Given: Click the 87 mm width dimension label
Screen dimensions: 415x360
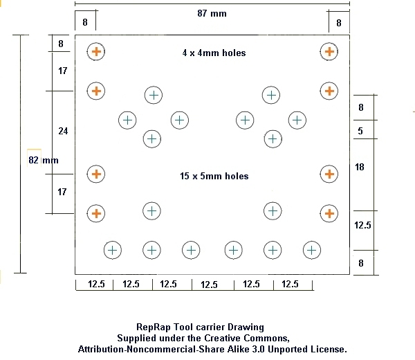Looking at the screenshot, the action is (x=212, y=13).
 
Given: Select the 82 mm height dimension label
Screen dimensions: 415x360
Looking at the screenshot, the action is (x=44, y=160).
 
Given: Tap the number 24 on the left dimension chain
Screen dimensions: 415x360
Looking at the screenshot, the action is (x=63, y=131).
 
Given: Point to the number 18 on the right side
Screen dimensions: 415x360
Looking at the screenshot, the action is (x=360, y=167).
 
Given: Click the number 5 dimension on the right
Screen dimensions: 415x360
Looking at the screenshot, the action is (x=360, y=131).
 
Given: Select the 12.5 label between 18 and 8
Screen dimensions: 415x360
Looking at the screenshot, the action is (x=362, y=225).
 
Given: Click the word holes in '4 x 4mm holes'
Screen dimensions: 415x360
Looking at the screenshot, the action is (x=234, y=53).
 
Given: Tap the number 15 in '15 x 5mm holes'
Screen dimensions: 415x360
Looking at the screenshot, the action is (x=185, y=176).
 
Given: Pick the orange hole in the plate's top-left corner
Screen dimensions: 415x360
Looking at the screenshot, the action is (x=96, y=51).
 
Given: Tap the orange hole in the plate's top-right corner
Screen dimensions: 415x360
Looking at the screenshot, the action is (x=329, y=51).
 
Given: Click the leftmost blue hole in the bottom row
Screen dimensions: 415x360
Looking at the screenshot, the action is (x=113, y=250).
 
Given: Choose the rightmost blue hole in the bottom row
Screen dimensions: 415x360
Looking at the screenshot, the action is (x=312, y=250).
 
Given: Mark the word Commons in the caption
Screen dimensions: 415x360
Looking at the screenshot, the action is (x=266, y=339).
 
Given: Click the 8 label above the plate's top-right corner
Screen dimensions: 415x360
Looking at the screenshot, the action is (x=339, y=23).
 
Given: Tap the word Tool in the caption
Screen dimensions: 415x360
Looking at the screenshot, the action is (x=183, y=327).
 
